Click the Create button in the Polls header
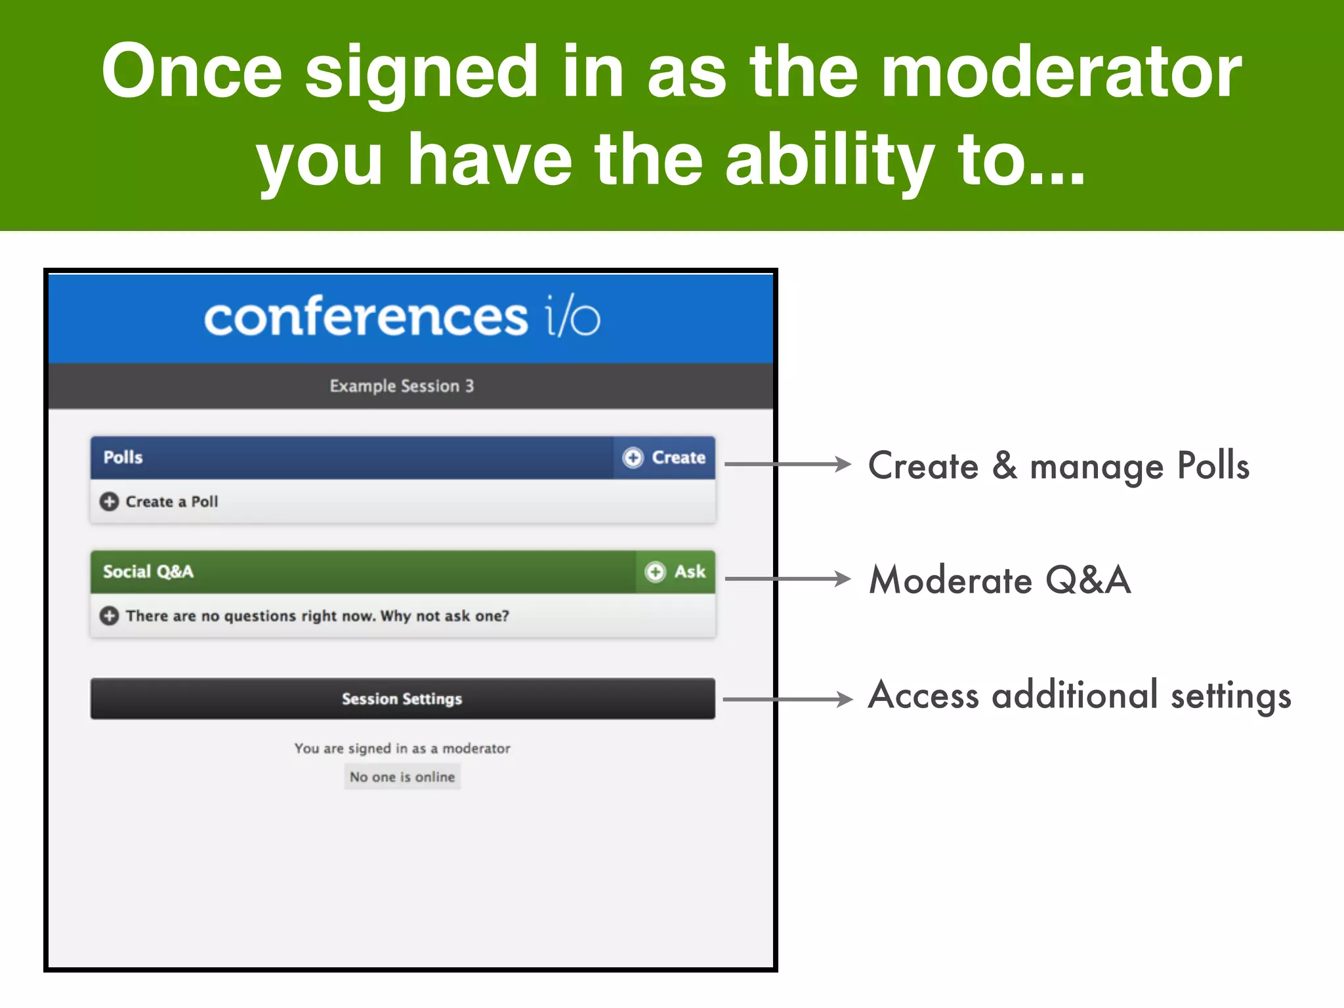pos(664,457)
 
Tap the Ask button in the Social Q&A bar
pos(675,572)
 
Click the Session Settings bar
pos(402,699)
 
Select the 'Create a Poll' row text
pos(171,502)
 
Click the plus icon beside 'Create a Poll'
pos(109,502)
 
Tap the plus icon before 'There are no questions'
pos(109,616)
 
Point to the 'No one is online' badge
pos(402,777)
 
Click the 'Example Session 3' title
pos(402,386)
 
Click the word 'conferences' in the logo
pos(366,318)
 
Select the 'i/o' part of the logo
pos(572,318)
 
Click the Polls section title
pos(123,457)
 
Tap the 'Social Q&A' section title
pos(148,572)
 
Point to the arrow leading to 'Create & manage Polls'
pos(787,464)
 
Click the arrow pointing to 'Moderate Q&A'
pos(787,579)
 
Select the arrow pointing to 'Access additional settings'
pos(787,700)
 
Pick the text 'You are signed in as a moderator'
pos(402,749)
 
